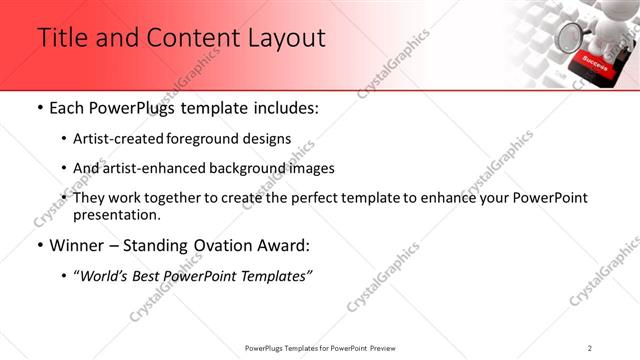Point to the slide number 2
point(590,348)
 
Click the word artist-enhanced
point(153,168)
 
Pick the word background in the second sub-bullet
point(252,168)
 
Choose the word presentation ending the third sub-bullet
point(116,214)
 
